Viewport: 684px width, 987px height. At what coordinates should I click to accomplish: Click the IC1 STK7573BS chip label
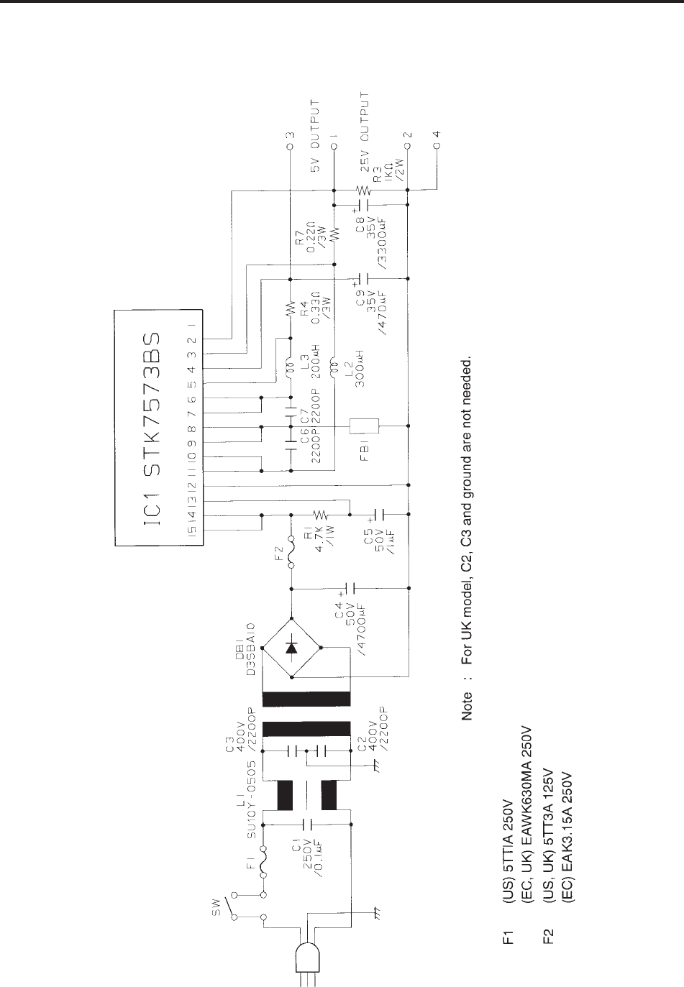point(158,425)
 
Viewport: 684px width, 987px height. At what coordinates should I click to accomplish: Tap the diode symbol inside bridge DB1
point(291,647)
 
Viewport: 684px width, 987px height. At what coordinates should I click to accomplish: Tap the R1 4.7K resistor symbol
point(319,515)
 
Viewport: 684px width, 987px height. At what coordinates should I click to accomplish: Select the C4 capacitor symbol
point(350,587)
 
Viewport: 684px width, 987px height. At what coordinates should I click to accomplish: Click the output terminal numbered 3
point(289,147)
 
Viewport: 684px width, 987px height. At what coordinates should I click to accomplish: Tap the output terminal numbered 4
point(437,147)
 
